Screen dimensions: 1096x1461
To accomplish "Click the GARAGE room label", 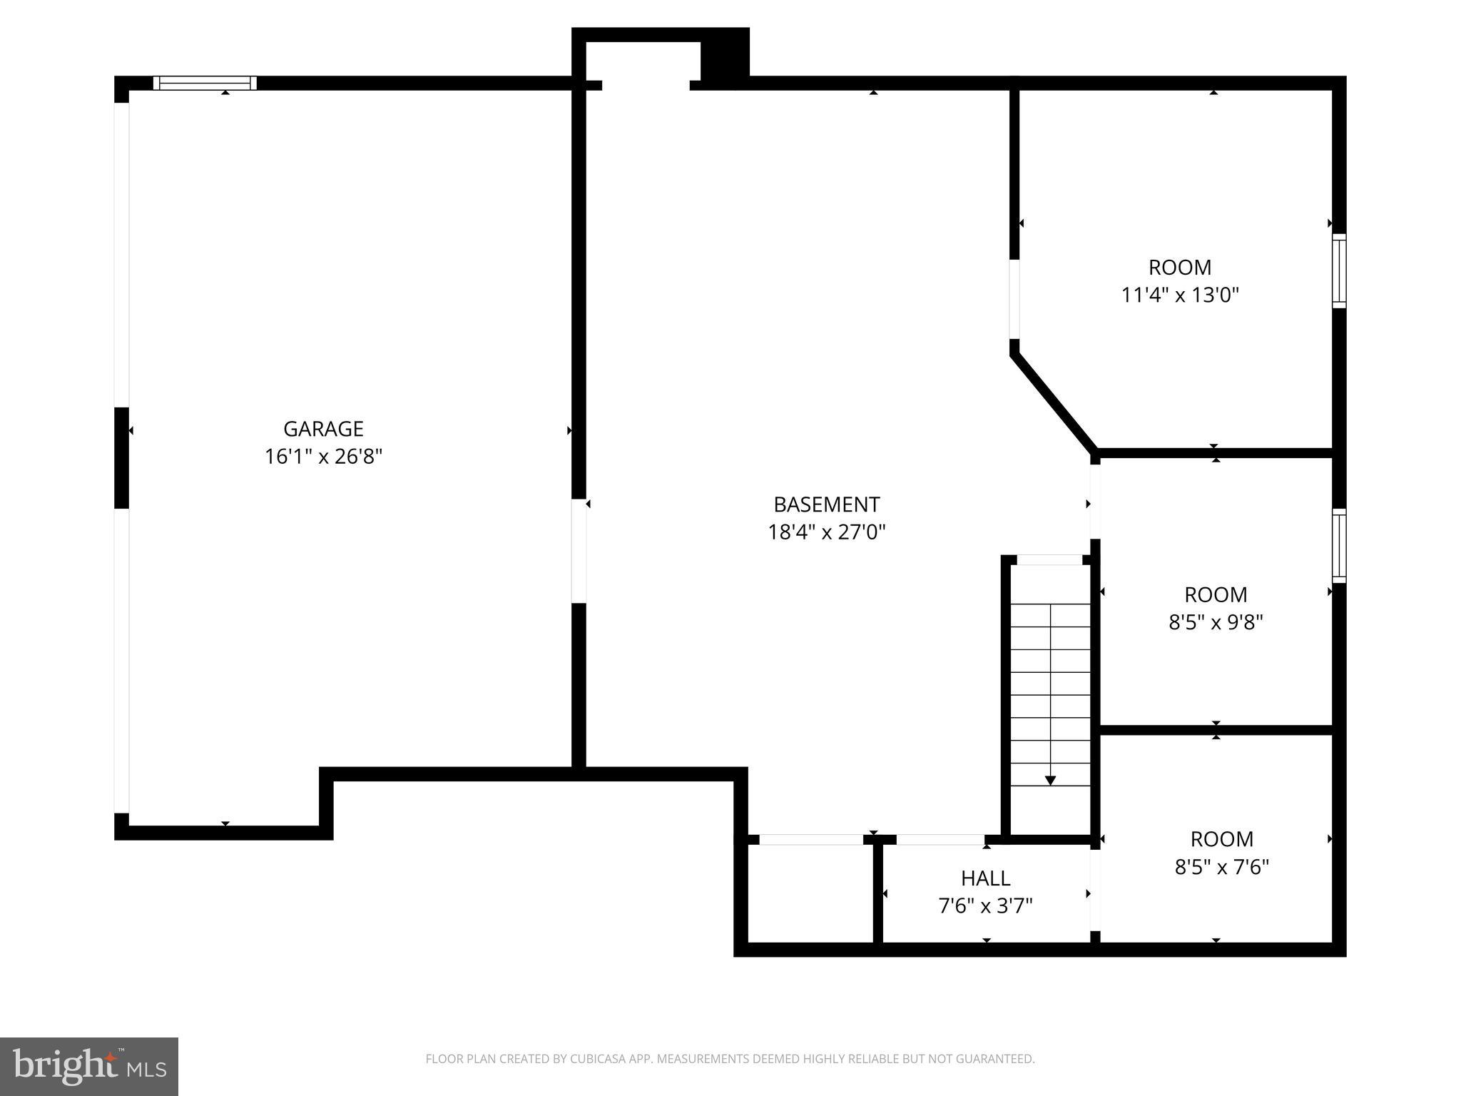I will (323, 429).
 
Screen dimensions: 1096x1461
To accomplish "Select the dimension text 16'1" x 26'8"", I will (323, 457).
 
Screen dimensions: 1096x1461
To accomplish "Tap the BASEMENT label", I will (826, 504).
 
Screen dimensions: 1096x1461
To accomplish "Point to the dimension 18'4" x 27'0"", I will (826, 532).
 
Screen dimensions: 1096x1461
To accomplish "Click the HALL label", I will (985, 878).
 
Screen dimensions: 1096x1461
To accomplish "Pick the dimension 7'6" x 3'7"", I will (985, 906).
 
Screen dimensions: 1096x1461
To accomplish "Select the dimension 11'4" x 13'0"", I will (1180, 295).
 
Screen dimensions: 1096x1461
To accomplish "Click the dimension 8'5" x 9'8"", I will (1216, 622).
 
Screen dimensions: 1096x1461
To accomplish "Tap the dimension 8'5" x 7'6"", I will (1221, 867).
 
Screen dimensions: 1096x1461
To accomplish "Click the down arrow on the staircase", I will (1050, 780).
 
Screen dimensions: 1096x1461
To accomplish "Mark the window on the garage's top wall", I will (205, 83).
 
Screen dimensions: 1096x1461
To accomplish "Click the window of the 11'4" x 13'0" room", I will (1339, 271).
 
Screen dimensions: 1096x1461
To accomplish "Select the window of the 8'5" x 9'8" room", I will (1339, 546).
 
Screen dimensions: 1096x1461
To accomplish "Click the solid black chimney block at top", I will (725, 54).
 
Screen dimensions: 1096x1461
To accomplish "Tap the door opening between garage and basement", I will (579, 550).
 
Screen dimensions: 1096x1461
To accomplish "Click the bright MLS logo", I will (89, 1066).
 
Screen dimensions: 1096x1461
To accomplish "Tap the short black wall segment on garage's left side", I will (122, 457).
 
